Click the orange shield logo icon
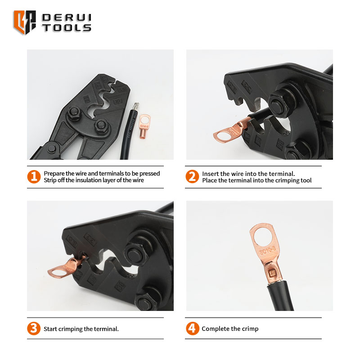[25, 22]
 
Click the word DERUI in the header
[67, 18]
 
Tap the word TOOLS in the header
[67, 28]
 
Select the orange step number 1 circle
[34, 177]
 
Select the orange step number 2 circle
[192, 176]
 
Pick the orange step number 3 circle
[34, 328]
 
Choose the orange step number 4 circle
[193, 328]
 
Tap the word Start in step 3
[50, 329]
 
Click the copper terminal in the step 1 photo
[144, 126]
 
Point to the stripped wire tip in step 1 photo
[135, 106]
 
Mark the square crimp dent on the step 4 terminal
[272, 273]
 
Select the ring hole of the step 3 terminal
[59, 273]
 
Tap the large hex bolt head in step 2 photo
[277, 103]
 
